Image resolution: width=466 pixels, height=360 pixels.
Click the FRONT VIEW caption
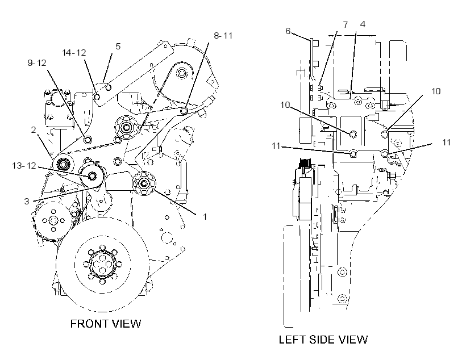[x=106, y=324]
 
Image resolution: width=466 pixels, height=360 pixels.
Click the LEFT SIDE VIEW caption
[x=323, y=340]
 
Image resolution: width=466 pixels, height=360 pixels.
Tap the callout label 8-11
[x=223, y=36]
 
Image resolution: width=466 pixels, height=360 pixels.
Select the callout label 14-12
[x=74, y=53]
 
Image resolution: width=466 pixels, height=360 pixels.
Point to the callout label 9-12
[x=37, y=63]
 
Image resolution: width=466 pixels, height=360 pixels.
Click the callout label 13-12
[x=24, y=165]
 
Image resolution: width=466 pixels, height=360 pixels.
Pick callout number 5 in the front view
[x=118, y=47]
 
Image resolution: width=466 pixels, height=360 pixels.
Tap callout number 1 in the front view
[x=205, y=217]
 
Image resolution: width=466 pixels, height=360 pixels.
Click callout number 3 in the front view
[x=27, y=202]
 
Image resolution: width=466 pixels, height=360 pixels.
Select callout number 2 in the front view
[x=34, y=130]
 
